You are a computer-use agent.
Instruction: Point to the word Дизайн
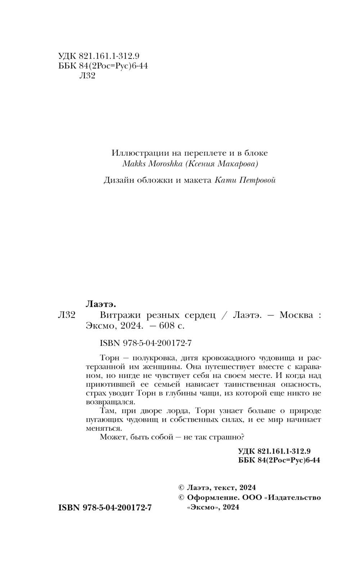pyautogui.click(x=119, y=180)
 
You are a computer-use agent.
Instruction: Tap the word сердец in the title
pyautogui.click(x=200, y=315)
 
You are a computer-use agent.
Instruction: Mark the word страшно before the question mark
pyautogui.click(x=225, y=437)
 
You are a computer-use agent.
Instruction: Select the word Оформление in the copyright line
pyautogui.click(x=212, y=497)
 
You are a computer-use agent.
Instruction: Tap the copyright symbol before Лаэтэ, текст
pyautogui.click(x=181, y=488)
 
